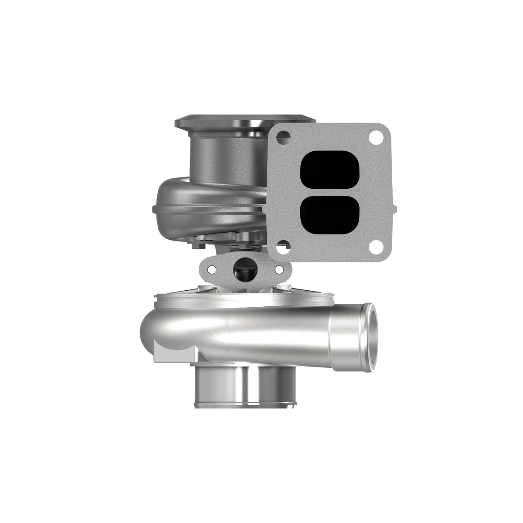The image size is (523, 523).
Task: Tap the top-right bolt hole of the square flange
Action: [374, 138]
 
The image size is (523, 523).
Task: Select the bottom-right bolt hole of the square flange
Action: [374, 247]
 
